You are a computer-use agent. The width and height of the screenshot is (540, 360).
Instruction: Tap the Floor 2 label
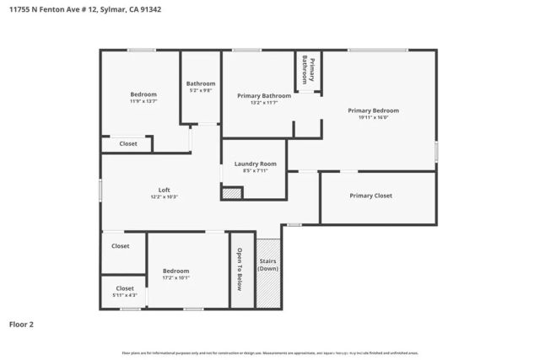coord(21,323)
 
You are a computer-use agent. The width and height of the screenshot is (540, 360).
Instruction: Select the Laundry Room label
coord(255,163)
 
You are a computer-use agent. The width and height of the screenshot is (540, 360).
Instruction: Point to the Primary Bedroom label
coord(373,110)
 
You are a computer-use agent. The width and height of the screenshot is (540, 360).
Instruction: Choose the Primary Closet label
coord(370,196)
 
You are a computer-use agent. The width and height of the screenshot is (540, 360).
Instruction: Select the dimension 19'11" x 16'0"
coord(373,118)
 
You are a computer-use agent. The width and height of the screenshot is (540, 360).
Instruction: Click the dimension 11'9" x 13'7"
coord(143,101)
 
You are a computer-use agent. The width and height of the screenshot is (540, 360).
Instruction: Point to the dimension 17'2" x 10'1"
coord(175,278)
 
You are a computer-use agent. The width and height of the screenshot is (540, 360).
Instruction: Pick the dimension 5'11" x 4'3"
coord(125,295)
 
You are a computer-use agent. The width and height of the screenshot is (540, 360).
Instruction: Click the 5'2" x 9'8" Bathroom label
coord(201,83)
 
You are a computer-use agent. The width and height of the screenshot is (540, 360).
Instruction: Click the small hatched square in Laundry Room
coord(232,193)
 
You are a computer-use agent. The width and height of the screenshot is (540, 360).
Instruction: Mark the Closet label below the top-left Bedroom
coord(128,144)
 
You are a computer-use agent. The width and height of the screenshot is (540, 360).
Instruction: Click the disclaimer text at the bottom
coord(270,352)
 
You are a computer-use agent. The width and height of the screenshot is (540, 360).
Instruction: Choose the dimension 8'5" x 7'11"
coord(255,170)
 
